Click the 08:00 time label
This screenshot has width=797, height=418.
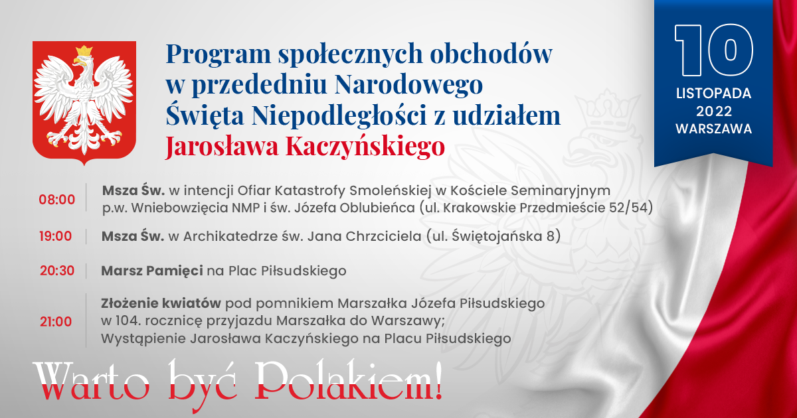point(57,200)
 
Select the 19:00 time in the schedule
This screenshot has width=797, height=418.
point(56,236)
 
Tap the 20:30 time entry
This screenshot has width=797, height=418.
point(57,271)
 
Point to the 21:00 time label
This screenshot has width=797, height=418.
point(56,321)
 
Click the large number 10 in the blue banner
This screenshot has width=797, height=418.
point(714,50)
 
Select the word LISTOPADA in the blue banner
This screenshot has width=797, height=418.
point(714,94)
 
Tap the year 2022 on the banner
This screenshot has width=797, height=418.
point(714,111)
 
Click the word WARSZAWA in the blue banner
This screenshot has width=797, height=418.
point(714,129)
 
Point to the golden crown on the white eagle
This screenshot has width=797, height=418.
point(84,51)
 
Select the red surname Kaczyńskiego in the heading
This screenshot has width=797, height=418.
point(365,147)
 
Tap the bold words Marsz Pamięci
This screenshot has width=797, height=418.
point(152,271)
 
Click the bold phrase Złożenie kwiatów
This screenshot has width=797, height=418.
point(161,303)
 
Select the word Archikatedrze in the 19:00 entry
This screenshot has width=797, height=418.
point(231,236)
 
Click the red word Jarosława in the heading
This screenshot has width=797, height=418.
point(222,147)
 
